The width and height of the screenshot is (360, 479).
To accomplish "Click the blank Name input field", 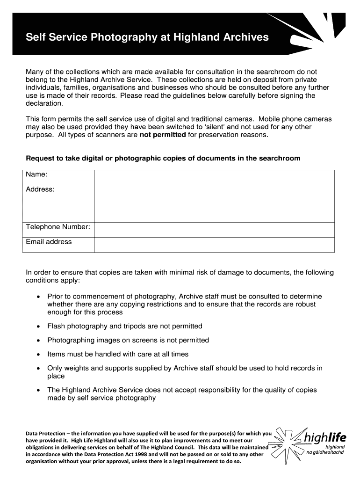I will (x=214, y=177).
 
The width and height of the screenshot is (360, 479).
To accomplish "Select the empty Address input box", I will (x=214, y=203).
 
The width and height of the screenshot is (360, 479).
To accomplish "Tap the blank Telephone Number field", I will (x=214, y=230).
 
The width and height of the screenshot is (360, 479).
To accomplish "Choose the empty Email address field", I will (x=214, y=245).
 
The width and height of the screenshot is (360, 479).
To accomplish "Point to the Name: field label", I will (x=36, y=174).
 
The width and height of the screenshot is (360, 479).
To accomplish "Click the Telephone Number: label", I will (x=58, y=227).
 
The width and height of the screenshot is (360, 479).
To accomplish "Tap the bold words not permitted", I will (x=163, y=135).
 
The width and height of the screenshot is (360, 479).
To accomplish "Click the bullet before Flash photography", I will (x=38, y=327).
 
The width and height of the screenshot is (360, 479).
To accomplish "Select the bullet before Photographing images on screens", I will (x=38, y=341).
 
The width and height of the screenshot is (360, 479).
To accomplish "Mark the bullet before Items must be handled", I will (x=38, y=355).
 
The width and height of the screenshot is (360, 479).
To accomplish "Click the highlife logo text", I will (x=324, y=438).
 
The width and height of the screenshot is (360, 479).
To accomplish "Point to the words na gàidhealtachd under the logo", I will (x=328, y=452).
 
